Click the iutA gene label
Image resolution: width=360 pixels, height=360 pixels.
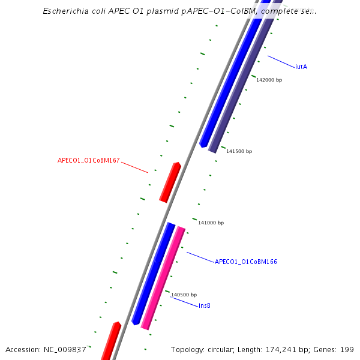(x=301, y=67)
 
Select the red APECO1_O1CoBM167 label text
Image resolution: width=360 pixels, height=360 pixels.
(x=89, y=161)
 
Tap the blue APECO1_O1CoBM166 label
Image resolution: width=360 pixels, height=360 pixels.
(x=245, y=262)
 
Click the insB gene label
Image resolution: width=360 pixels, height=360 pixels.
(x=204, y=305)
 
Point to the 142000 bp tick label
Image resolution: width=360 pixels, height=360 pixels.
(x=269, y=80)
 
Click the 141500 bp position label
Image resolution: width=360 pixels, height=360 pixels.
(x=239, y=151)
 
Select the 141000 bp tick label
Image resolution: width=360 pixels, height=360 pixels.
(x=211, y=223)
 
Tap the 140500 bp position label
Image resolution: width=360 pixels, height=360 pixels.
(x=184, y=295)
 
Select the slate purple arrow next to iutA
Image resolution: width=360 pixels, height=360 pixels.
(x=243, y=84)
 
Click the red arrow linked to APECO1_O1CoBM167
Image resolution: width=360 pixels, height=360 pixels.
(x=170, y=182)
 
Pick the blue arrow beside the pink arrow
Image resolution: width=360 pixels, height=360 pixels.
(x=153, y=273)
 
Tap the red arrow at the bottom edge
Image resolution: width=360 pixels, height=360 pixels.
(x=110, y=342)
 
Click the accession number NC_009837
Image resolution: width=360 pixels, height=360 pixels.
(x=65, y=350)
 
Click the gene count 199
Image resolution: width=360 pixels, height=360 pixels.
(x=347, y=350)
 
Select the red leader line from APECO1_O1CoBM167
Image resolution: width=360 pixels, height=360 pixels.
(x=134, y=167)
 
